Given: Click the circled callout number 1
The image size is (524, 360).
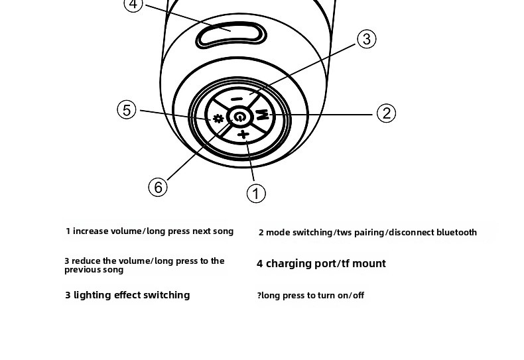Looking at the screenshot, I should [x=256, y=193].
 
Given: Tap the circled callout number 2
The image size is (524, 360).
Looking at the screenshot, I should [x=386, y=113].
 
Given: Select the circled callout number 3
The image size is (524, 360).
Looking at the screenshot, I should [x=367, y=39].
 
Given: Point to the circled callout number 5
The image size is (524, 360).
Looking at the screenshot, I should [x=127, y=109].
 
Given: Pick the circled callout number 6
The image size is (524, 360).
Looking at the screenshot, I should [x=158, y=187].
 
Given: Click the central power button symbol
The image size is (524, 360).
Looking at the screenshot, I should [x=239, y=117].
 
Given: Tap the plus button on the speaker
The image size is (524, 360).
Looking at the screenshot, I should [x=243, y=135].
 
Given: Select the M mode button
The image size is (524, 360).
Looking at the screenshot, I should [x=263, y=114].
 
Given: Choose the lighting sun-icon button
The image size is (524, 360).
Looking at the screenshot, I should [x=217, y=119].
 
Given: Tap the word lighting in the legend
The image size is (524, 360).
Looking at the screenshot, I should [x=94, y=295].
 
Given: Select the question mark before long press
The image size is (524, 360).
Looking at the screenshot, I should [x=259, y=296].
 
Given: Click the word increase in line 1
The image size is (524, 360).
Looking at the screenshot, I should [x=92, y=231].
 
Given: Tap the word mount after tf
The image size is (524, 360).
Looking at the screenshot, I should [x=369, y=264].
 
